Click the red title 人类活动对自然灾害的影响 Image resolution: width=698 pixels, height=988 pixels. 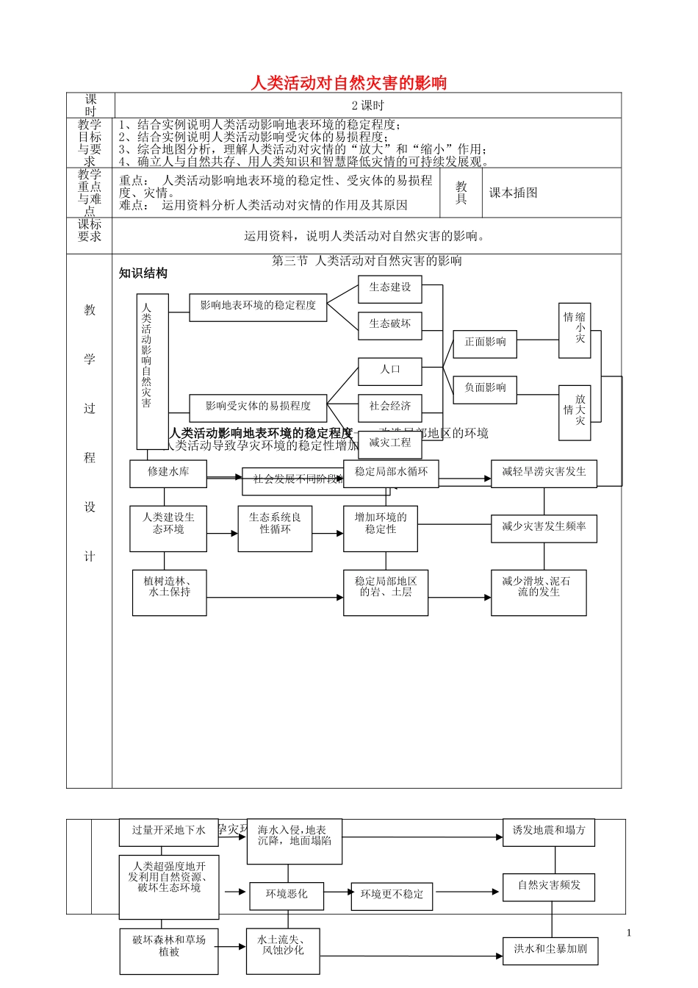(x=348, y=82)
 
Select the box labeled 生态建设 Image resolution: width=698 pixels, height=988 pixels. (x=390, y=288)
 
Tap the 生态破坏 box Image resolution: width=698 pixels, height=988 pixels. (x=390, y=324)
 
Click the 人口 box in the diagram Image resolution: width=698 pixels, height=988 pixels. (x=390, y=370)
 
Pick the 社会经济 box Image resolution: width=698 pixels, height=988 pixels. (x=390, y=407)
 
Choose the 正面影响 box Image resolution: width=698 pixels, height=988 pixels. (x=485, y=343)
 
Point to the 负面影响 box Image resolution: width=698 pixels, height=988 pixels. (x=485, y=388)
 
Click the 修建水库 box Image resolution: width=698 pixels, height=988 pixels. (x=168, y=473)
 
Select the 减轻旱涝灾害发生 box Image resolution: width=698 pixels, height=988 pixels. (x=544, y=473)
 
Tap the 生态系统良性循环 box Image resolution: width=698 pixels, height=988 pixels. (x=275, y=527)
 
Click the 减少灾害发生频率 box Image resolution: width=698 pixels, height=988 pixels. (x=544, y=528)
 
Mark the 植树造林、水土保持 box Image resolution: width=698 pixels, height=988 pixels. (x=169, y=592)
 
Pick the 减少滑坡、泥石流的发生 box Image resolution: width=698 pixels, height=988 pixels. (x=539, y=592)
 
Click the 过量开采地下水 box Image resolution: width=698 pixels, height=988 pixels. (x=169, y=831)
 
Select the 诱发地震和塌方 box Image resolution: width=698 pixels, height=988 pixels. (x=549, y=831)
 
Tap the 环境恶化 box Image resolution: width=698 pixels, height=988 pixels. (x=287, y=895)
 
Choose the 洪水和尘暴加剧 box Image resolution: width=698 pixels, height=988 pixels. (x=550, y=950)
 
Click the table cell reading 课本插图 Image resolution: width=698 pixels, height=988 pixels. (x=514, y=193)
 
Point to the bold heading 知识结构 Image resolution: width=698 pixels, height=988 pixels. (x=143, y=273)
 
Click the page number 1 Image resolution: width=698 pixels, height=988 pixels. (x=629, y=934)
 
